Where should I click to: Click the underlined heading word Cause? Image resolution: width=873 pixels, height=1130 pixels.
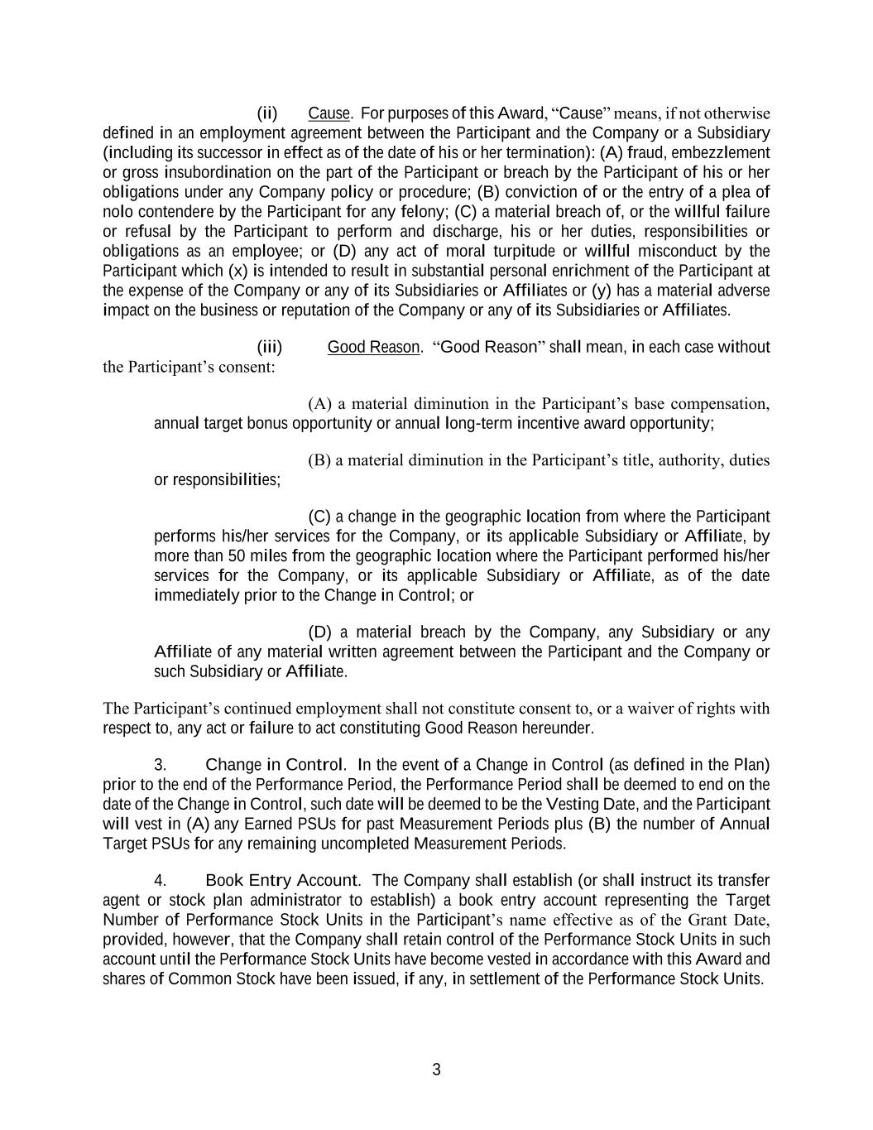(x=329, y=113)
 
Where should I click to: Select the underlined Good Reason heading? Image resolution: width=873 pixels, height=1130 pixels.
(x=373, y=347)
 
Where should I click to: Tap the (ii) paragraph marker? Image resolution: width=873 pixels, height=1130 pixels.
(x=266, y=113)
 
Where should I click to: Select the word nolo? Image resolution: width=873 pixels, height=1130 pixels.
(x=118, y=212)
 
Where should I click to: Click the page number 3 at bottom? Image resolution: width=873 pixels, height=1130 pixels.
(x=436, y=1070)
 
